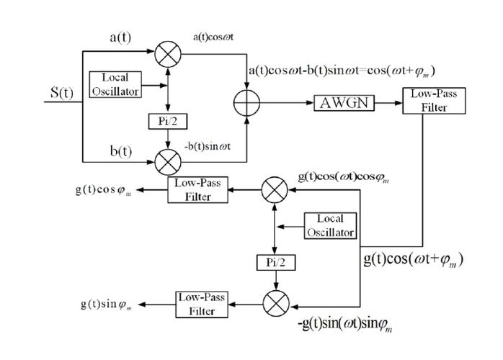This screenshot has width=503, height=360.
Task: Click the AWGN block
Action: click(345, 102)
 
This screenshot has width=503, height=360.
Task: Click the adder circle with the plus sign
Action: click(248, 102)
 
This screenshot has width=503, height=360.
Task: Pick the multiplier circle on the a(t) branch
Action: click(167, 52)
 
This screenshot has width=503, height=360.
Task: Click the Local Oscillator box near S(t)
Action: click(115, 84)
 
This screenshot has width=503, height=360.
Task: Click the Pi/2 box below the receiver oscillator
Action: click(274, 262)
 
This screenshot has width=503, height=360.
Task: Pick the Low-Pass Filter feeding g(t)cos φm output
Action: click(194, 189)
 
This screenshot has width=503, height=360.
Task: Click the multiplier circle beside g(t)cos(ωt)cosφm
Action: click(274, 190)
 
